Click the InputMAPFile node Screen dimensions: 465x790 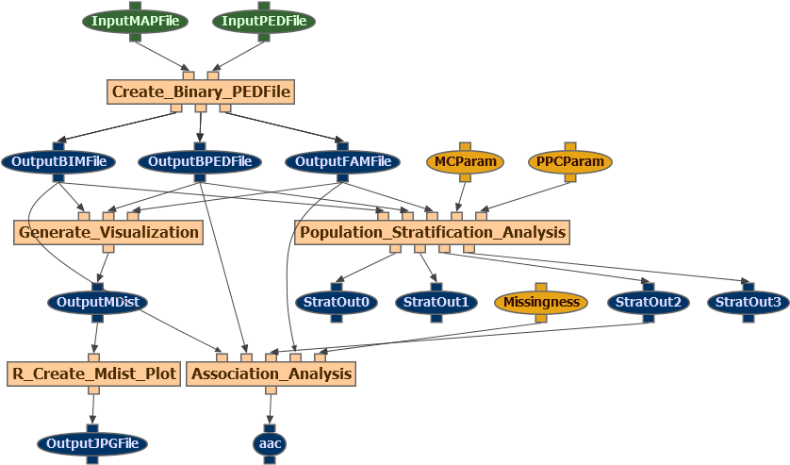point(135,21)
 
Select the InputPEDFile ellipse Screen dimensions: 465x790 point(263,21)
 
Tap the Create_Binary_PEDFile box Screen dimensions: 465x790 point(201,91)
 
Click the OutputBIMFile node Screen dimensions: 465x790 point(58,161)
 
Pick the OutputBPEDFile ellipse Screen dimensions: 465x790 point(200,161)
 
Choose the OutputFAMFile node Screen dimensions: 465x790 point(342,161)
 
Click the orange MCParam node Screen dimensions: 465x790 point(465,161)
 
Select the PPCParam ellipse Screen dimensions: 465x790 point(570,161)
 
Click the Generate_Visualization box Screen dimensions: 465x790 point(108,232)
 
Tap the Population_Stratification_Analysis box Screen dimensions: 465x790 point(433,232)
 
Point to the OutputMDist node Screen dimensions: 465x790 point(98,303)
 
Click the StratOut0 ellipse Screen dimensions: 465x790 point(337,303)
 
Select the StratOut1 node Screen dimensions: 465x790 point(436,303)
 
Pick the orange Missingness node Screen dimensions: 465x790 point(541,303)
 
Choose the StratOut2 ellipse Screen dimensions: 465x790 point(648,303)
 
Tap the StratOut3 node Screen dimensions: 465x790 point(748,303)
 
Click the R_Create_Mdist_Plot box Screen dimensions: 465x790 point(93,374)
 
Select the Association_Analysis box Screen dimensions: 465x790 point(272,374)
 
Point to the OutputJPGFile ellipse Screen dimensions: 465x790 point(92,443)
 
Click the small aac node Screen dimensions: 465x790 point(270,443)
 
